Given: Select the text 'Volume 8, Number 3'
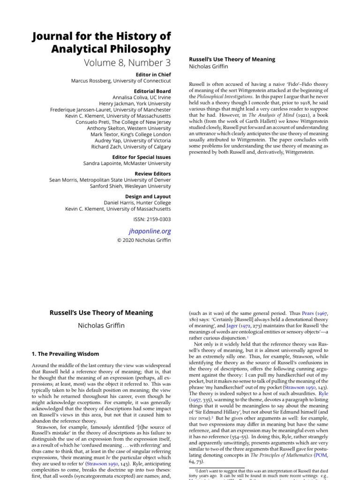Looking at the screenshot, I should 127,62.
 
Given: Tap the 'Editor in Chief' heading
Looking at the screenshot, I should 153,74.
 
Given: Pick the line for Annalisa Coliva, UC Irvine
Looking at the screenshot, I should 139,97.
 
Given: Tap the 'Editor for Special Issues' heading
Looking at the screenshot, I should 142,157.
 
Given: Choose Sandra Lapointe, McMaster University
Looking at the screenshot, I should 127,164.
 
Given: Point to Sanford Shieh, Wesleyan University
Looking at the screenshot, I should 130,186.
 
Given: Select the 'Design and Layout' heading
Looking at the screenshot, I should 148,196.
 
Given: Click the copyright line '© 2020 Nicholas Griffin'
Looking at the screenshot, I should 144,240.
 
